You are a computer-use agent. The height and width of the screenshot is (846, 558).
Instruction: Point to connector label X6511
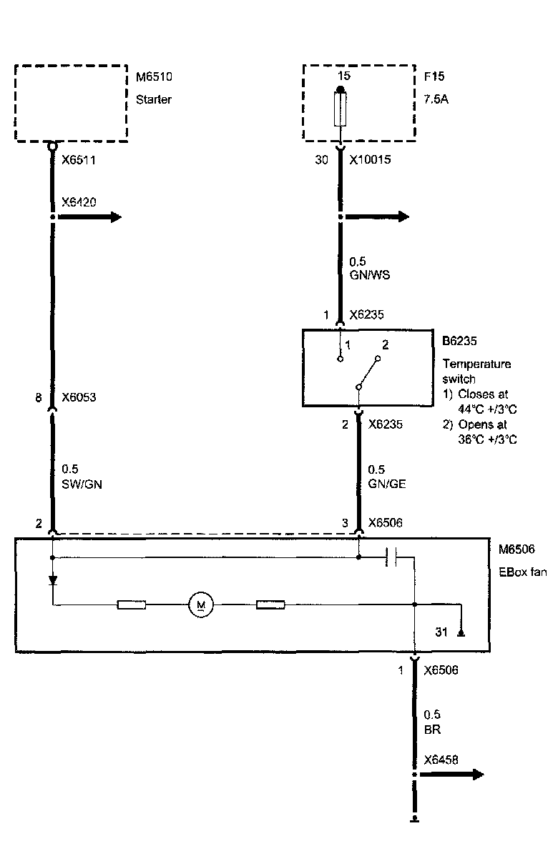click(79, 161)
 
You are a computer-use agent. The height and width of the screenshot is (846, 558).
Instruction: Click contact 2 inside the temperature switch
click(385, 345)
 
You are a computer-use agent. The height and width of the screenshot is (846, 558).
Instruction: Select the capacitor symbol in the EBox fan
click(391, 557)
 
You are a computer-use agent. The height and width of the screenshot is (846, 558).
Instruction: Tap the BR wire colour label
click(431, 730)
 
